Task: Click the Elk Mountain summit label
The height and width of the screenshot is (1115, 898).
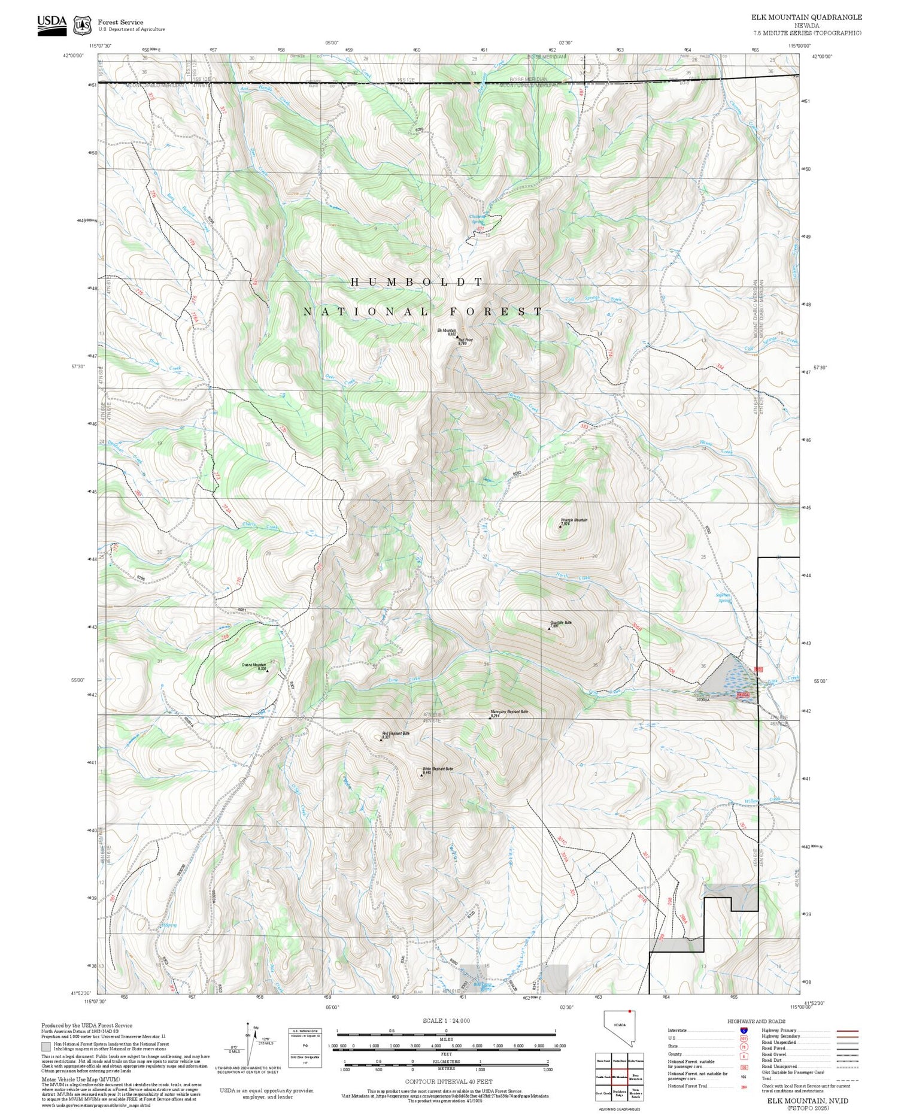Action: point(447,330)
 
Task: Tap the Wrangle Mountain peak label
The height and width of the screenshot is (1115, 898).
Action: point(574,520)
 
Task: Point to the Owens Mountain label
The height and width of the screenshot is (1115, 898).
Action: point(254,665)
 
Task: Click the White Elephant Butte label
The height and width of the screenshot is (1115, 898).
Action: point(438,768)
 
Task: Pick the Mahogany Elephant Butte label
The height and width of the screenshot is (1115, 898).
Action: point(509,711)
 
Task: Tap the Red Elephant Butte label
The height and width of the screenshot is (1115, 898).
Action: point(396,733)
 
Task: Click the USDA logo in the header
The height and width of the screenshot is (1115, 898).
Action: point(51,25)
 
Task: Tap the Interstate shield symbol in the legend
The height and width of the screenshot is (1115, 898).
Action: point(744,1030)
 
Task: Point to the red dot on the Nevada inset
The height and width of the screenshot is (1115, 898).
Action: point(630,1011)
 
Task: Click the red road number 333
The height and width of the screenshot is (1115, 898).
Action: point(584,426)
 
